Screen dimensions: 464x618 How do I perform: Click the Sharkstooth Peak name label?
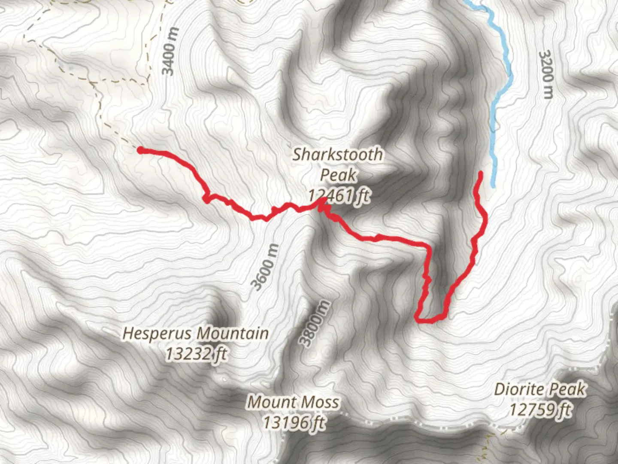pos(338,165)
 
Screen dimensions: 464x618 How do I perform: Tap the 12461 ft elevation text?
pos(339,196)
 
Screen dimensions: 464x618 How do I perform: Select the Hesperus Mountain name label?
pos(196,333)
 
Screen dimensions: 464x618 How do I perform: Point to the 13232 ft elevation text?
pos(196,354)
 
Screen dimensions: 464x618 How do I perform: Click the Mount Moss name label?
pos(294,402)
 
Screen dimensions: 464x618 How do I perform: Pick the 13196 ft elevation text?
pos(294,423)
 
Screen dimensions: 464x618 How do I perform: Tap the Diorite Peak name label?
pos(540,389)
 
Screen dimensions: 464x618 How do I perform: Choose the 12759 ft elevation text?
pos(540,409)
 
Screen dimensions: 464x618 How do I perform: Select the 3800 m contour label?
pos(315,324)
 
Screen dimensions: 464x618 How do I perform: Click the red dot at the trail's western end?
pos(140,150)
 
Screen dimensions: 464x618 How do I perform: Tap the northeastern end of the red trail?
pos(480,174)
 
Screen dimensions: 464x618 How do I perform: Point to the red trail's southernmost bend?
pos(423,320)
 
